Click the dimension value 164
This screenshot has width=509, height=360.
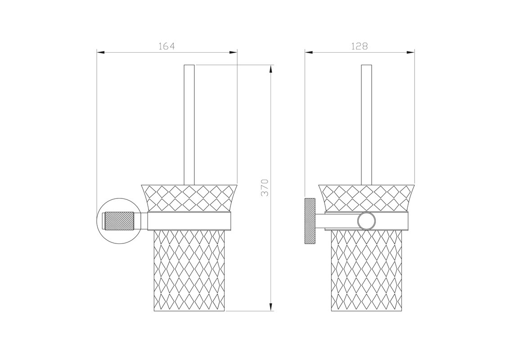click(167, 46)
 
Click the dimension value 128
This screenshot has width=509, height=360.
click(360, 46)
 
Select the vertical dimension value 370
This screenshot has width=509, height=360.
click(265, 187)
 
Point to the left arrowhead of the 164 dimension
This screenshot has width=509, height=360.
click(101, 52)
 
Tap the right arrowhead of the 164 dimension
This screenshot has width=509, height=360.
click(234, 52)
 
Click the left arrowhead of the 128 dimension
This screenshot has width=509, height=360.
click(309, 52)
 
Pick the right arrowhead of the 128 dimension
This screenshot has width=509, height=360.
click(410, 52)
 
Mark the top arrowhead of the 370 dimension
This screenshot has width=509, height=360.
click(271, 69)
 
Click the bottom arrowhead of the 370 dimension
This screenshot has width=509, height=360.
click(271, 307)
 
